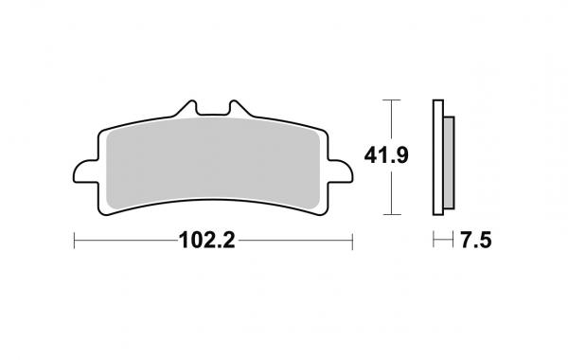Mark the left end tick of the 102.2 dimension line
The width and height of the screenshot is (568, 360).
(x=74, y=241)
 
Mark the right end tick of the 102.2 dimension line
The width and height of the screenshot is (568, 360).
(x=350, y=241)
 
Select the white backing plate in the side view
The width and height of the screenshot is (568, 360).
(x=438, y=154)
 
